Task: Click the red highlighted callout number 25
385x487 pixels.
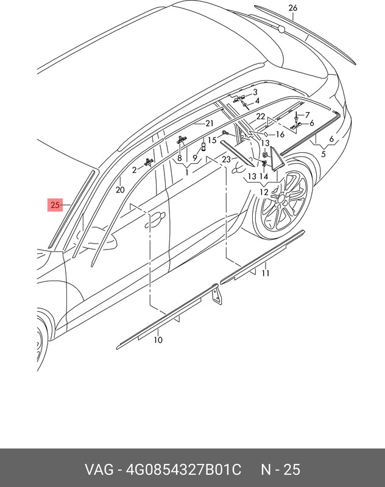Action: click(x=55, y=205)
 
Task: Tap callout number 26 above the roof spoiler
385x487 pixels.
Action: click(x=293, y=8)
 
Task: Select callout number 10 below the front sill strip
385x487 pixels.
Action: click(x=158, y=340)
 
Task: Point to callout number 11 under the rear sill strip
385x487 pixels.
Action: click(x=266, y=273)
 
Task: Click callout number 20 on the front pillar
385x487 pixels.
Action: click(x=120, y=189)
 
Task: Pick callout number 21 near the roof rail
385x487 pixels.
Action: click(x=210, y=124)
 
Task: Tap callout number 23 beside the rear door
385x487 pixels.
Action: click(x=226, y=159)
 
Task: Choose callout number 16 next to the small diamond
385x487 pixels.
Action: click(x=280, y=134)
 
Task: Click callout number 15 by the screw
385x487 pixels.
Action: click(x=212, y=140)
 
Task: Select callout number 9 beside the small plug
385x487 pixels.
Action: click(x=194, y=158)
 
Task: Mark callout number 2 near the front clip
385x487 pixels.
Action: click(x=134, y=170)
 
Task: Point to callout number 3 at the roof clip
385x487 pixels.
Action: click(x=255, y=92)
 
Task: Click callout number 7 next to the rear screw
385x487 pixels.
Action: click(x=307, y=115)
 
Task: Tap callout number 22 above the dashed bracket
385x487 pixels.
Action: click(x=260, y=116)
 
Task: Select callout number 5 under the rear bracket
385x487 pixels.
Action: click(x=323, y=154)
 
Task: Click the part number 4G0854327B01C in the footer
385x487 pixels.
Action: click(x=183, y=469)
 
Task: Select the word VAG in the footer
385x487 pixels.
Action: click(x=99, y=469)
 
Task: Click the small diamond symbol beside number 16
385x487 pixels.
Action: click(x=266, y=134)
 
